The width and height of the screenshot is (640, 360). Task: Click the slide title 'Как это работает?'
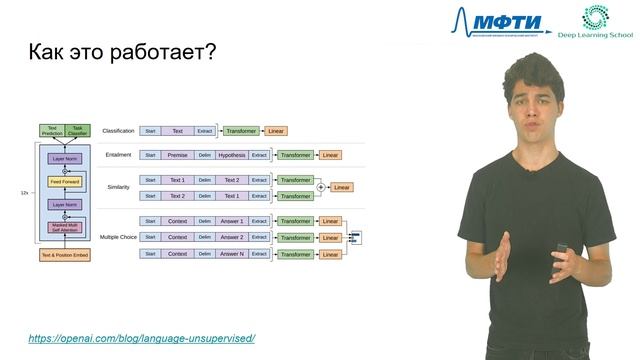coord(121,52)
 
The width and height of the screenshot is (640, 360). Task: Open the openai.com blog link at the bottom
coord(141,338)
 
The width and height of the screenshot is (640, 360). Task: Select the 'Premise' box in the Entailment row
coord(177,155)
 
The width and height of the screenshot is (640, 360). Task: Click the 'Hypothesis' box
coord(231,155)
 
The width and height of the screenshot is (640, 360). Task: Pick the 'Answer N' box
coord(231,254)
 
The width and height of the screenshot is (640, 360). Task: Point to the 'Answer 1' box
coord(231,221)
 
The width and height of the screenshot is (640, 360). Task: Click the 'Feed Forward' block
coord(64,182)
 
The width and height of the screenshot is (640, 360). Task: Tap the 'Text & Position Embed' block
coord(64,255)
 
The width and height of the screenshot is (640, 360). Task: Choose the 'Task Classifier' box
coord(78,131)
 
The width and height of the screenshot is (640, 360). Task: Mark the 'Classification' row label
coord(118,131)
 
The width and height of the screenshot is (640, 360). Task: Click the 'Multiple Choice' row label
coord(118,237)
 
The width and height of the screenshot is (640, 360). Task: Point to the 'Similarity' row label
coord(120,187)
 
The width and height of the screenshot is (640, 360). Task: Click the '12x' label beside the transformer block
coord(24,192)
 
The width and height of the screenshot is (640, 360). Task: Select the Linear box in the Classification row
coord(277,131)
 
